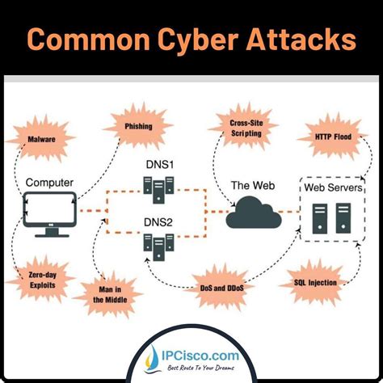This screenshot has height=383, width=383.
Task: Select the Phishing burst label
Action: pos(132,126)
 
